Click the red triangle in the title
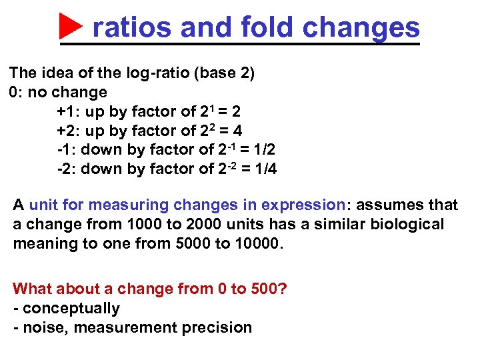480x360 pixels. click(71, 27)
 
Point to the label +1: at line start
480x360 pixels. click(67, 111)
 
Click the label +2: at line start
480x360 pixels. click(67, 131)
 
